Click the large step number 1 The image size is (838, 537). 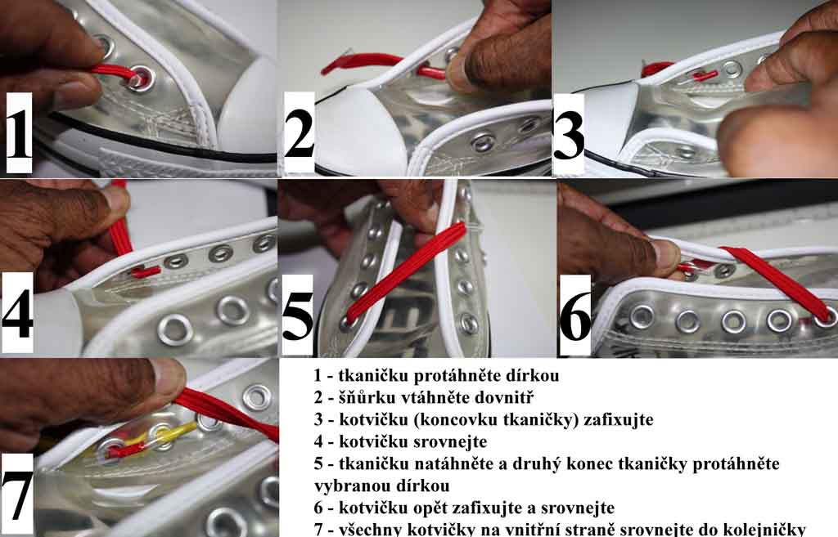(x=20, y=132)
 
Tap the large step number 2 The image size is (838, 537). (x=299, y=132)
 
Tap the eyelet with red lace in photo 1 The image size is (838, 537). (x=141, y=79)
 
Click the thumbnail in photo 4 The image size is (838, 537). (x=116, y=201)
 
